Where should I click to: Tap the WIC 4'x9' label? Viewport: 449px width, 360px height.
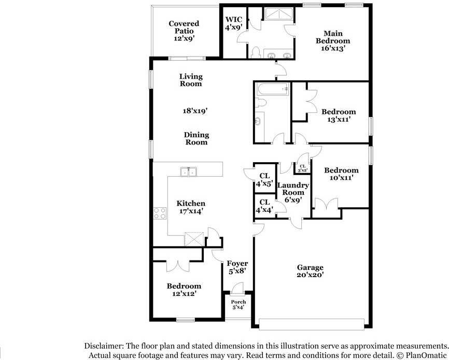coord(234,23)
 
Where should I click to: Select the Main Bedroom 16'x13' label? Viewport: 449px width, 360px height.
coord(333,40)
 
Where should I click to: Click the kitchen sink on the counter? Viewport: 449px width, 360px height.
coord(189,171)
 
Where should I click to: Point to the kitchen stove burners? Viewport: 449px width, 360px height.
coord(160,213)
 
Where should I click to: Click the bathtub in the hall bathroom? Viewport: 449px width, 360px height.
coord(273,89)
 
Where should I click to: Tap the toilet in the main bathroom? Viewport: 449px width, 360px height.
coord(255,52)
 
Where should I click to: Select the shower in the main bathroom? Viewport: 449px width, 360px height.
coord(278,14)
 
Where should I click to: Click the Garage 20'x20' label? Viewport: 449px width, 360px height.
coord(310,271)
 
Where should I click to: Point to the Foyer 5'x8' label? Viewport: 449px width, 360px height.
coord(237,267)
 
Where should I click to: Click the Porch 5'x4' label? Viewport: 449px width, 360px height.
coord(238,305)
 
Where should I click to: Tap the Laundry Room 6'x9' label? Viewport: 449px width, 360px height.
coord(293,192)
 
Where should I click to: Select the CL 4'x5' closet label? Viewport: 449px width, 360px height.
coord(264,180)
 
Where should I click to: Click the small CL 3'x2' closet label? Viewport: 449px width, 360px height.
coord(303,168)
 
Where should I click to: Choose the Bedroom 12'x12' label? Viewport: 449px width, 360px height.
coord(184,290)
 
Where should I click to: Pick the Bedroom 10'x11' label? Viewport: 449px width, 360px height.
coord(341,174)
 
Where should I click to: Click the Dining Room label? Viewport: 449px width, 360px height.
coord(197,138)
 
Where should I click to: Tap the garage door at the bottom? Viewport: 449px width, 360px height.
coord(312,324)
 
